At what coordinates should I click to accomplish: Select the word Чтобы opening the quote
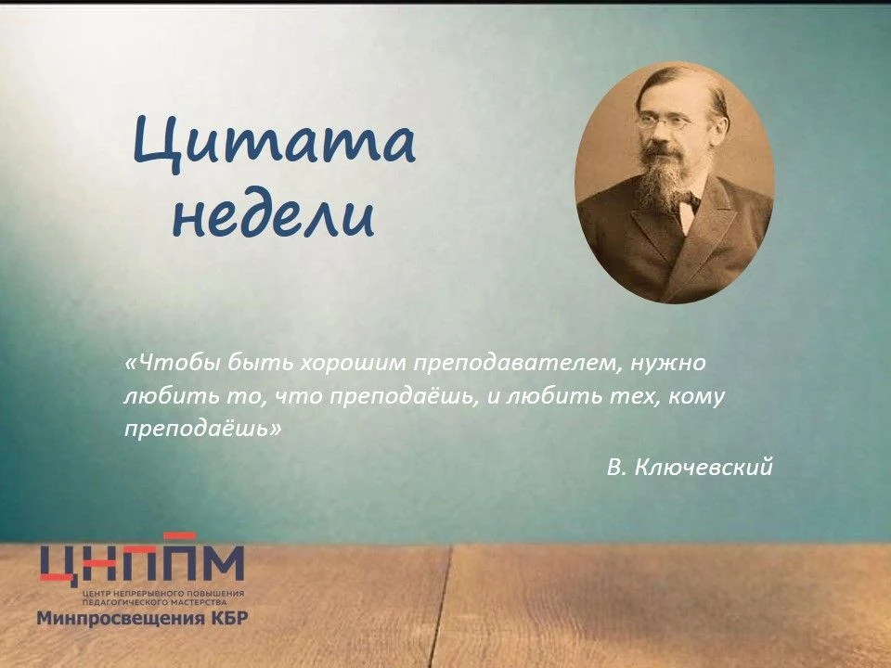pos(173,363)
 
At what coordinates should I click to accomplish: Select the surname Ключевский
pos(703,467)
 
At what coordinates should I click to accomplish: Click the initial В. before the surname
pos(615,468)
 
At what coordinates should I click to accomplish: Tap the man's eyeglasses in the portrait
pos(665,121)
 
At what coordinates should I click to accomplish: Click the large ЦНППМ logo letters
pos(142,563)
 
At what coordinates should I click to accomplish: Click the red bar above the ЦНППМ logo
pos(179,535)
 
